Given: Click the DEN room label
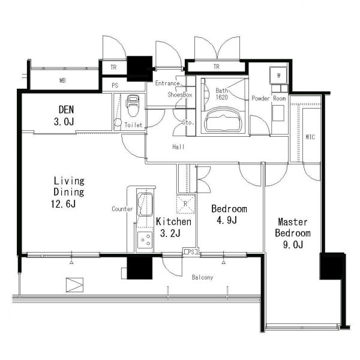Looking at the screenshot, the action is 67,110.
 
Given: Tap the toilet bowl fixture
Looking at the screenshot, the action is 133,106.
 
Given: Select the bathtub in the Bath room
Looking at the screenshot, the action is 223,120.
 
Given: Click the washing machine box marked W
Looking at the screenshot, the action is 278,76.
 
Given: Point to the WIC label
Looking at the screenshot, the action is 310,137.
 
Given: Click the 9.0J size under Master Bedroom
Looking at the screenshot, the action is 293,245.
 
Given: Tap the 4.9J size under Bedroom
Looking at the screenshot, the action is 227,220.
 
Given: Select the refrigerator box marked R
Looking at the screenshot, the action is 186,203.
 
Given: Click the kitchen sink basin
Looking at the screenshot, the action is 145,205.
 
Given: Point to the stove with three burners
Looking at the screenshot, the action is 145,240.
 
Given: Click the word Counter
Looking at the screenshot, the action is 122,209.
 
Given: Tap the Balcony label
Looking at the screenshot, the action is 203,278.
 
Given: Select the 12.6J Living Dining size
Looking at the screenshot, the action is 63,204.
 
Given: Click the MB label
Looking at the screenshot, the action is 62,80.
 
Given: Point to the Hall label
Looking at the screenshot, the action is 178,147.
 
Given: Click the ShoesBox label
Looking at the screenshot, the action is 180,95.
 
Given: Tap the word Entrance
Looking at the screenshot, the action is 167,83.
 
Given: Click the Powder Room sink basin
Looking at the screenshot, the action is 278,113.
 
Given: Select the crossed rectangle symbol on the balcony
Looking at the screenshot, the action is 74,285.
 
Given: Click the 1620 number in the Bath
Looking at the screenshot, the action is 221,97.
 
